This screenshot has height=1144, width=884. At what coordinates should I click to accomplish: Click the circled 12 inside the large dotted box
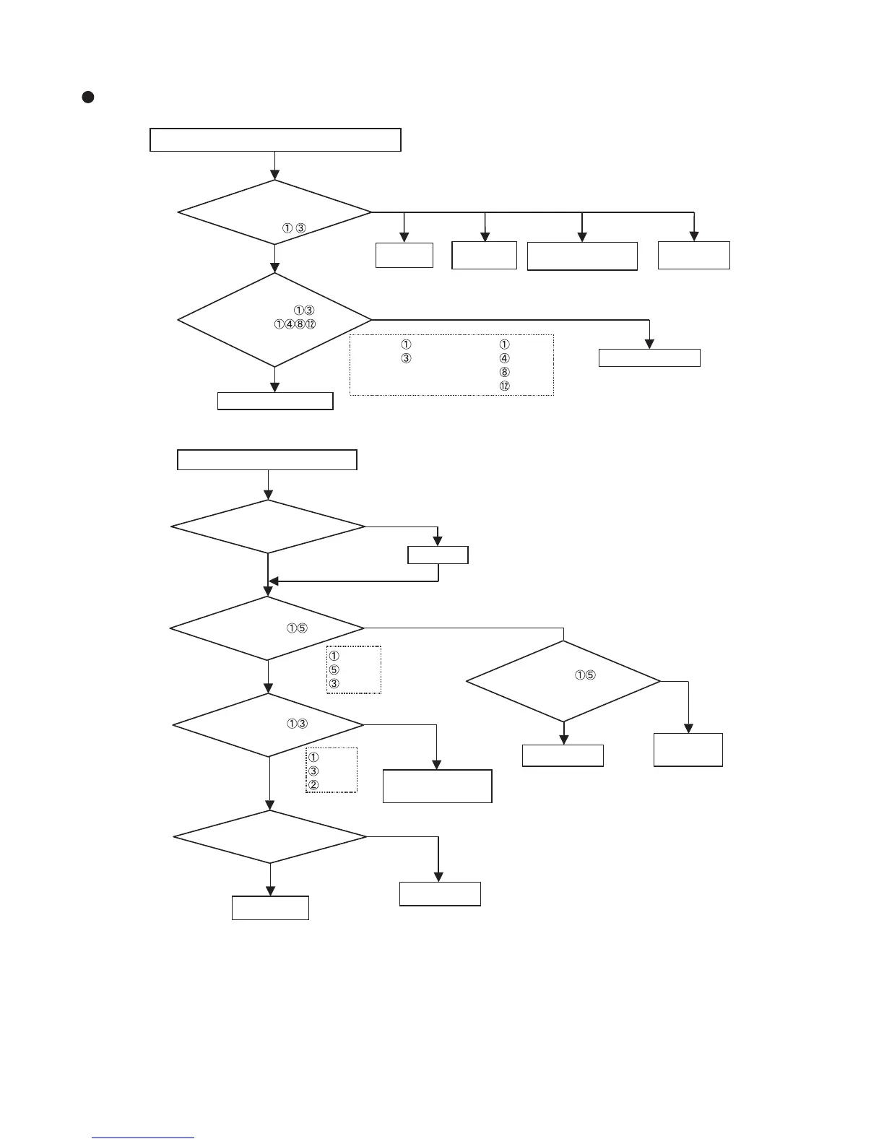[x=504, y=386]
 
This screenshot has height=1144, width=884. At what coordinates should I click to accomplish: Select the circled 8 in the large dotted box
[x=504, y=372]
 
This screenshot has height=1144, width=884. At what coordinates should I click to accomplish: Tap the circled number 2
[x=313, y=785]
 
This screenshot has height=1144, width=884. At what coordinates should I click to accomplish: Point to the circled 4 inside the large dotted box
[x=504, y=358]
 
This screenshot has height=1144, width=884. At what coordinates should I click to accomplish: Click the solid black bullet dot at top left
[x=87, y=97]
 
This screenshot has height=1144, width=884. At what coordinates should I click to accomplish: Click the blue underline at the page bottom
[x=144, y=1138]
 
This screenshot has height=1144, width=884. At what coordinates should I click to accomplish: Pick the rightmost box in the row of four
[x=694, y=255]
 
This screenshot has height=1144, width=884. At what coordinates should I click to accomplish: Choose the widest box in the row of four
[x=582, y=256]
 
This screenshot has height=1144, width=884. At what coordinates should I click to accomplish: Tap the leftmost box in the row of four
[x=404, y=255]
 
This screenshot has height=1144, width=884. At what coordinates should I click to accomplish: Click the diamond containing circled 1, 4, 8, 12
[x=274, y=319]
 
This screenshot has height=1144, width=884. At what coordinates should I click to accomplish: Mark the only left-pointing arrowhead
[x=273, y=581]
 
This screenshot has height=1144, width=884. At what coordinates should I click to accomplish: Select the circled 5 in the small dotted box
[x=334, y=669]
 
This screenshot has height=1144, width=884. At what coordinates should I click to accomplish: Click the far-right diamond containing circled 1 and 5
[x=563, y=681]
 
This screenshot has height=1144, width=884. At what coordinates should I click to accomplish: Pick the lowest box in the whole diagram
[x=270, y=908]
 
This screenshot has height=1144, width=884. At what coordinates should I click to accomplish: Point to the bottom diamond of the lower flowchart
[x=270, y=837]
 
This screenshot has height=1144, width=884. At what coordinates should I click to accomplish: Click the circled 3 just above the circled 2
[x=313, y=771]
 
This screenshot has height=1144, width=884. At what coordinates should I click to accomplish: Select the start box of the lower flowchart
[x=267, y=460]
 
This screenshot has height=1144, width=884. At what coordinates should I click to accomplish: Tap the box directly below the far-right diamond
[x=563, y=755]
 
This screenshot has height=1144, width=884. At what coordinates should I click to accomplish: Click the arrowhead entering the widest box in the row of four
[x=582, y=237]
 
